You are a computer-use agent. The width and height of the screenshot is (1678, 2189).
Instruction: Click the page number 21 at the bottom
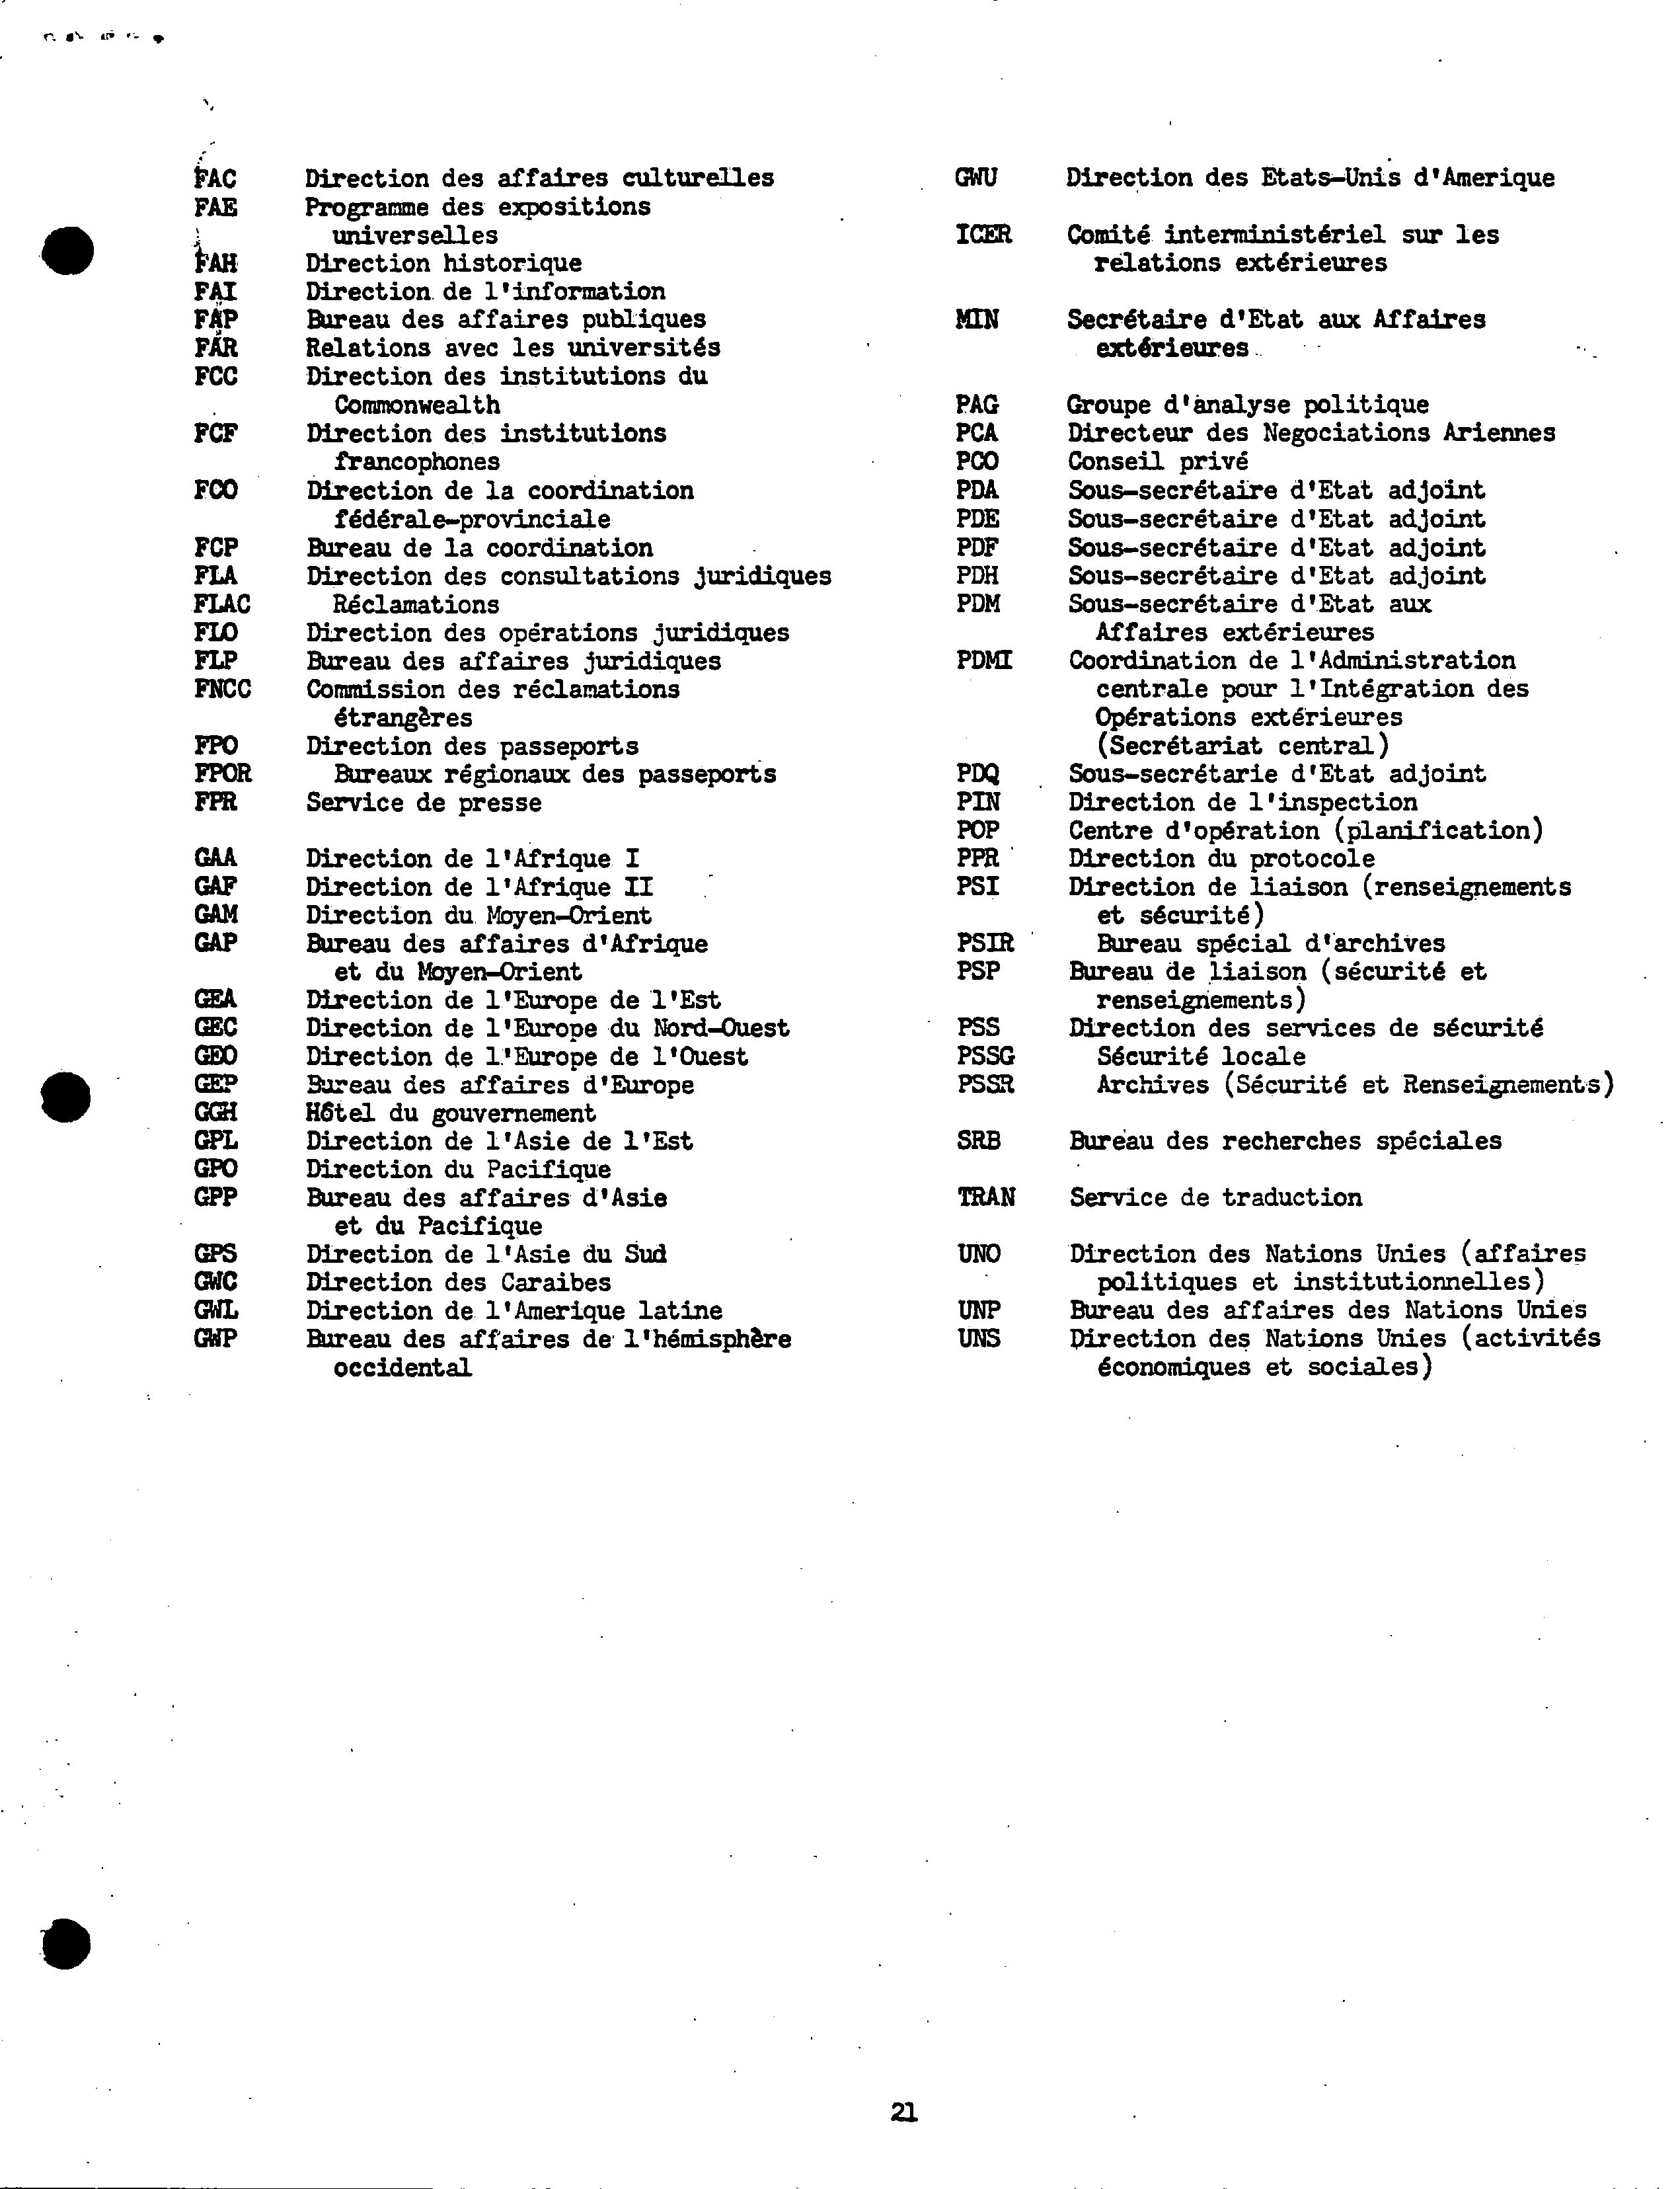(x=904, y=2112)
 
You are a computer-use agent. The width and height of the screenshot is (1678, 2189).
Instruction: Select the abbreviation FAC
(x=215, y=179)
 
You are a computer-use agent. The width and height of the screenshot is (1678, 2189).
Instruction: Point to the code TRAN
(x=986, y=1197)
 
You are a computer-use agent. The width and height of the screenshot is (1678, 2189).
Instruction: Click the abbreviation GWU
(x=976, y=178)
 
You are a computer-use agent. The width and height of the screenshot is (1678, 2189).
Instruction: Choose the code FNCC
(x=223, y=690)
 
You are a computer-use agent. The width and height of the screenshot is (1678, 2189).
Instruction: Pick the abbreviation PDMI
(x=984, y=660)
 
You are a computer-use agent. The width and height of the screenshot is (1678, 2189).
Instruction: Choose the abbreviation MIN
(x=977, y=320)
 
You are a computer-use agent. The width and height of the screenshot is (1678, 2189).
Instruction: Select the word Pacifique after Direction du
(x=549, y=1169)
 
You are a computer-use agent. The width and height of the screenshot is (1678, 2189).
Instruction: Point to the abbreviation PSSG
(x=986, y=1056)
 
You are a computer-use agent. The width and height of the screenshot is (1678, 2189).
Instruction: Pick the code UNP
(x=979, y=1310)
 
